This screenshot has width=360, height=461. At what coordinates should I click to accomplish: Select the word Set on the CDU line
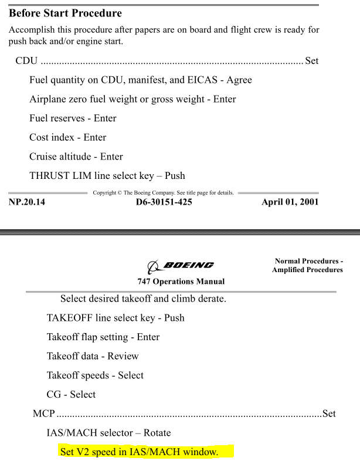tap(311, 60)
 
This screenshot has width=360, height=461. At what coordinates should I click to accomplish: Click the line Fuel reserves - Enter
tap(73, 118)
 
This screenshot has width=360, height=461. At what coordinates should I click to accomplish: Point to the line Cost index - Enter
tap(67, 138)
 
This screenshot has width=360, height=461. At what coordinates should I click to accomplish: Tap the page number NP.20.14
tap(27, 203)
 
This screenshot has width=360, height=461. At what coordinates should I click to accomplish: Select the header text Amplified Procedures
tap(307, 269)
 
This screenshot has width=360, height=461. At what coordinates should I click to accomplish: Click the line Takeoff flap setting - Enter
tap(103, 337)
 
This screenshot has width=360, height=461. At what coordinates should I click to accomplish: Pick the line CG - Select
tap(71, 395)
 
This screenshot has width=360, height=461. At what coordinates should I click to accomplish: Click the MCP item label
tap(44, 414)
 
